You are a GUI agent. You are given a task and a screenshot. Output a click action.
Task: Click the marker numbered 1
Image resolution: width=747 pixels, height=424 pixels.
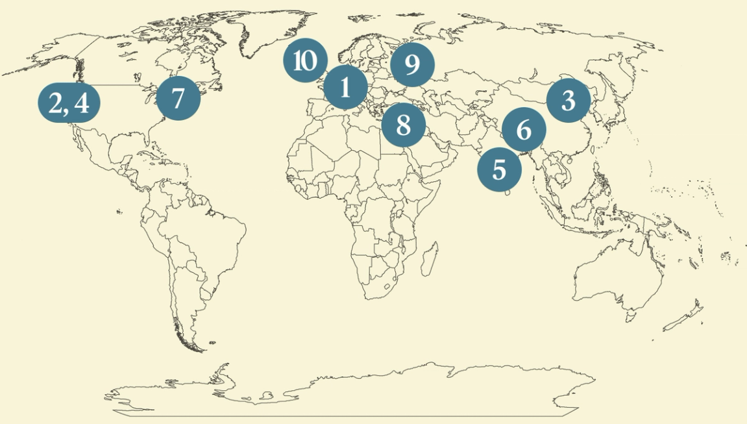pyautogui.click(x=345, y=86)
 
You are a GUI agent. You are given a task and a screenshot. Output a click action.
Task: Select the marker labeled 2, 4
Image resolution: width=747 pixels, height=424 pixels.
pyautogui.click(x=68, y=103)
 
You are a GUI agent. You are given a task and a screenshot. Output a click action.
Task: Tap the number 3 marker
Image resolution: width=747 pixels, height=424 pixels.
pyautogui.click(x=568, y=101)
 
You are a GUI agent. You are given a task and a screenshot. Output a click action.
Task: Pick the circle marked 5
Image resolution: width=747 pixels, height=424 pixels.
pyautogui.click(x=498, y=169)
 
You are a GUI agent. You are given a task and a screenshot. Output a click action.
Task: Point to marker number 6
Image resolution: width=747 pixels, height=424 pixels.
pyautogui.click(x=524, y=130)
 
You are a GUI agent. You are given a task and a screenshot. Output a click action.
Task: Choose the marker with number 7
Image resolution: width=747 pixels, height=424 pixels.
pyautogui.click(x=178, y=98)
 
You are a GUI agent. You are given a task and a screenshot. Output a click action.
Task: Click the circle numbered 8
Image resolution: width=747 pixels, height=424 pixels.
pyautogui.click(x=403, y=125)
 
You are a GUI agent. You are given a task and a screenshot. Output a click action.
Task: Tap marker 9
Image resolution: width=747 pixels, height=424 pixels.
pyautogui.click(x=411, y=65)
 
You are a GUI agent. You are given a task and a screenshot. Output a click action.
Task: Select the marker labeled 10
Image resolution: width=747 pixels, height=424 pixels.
pyautogui.click(x=304, y=61)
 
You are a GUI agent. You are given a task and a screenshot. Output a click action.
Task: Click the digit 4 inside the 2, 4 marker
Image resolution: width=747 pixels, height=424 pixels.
pyautogui.click(x=82, y=103)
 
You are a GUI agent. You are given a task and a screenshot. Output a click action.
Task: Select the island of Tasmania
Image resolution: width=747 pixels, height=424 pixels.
pyautogui.click(x=630, y=317)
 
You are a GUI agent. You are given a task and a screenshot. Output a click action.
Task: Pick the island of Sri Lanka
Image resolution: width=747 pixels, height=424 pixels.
pyautogui.click(x=508, y=192)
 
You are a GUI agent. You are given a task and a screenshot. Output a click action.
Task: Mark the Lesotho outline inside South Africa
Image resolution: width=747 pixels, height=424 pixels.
pyautogui.click(x=388, y=286)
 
